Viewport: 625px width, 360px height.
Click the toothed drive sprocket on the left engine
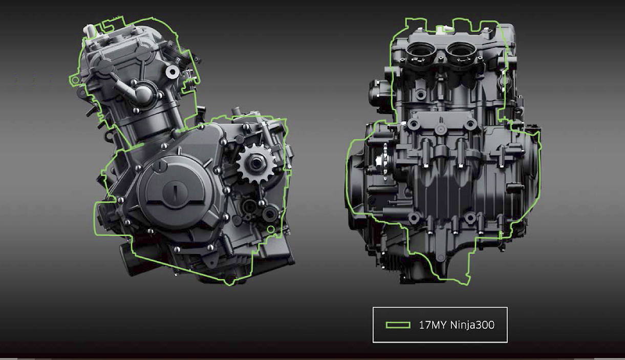pos(256,163)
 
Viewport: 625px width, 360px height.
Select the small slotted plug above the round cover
pos(160,166)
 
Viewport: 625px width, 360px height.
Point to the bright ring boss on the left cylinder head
pos(173,72)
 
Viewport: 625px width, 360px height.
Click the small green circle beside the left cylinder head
pos(75,80)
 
